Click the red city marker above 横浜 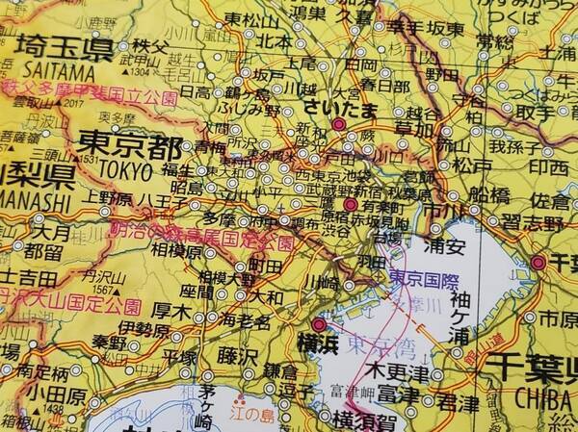[x=319, y=325]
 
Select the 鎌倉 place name [x=290, y=369]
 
